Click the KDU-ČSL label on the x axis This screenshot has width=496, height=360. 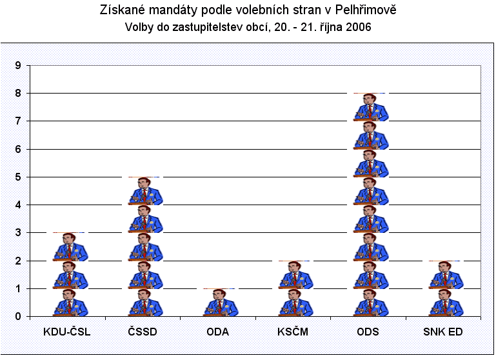click(x=67, y=333)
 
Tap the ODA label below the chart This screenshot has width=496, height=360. click(x=219, y=333)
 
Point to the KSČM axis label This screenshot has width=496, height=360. click(x=294, y=333)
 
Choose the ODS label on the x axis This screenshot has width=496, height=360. click(x=369, y=333)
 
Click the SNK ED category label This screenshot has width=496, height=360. click(x=444, y=333)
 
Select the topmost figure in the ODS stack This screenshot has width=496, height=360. click(x=370, y=108)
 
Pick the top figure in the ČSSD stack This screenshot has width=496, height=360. click(x=144, y=192)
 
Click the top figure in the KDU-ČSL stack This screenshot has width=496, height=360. click(x=69, y=247)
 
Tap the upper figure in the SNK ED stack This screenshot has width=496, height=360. click(x=445, y=275)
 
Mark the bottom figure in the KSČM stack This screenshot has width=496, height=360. click(x=295, y=303)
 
